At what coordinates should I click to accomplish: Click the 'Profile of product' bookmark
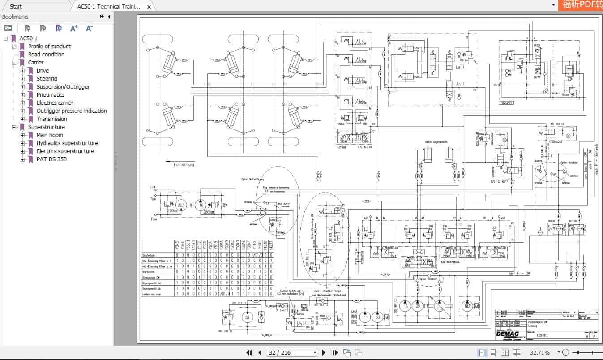(49, 47)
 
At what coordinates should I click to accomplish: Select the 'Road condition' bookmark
(46, 55)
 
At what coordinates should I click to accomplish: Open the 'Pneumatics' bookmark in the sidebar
(50, 95)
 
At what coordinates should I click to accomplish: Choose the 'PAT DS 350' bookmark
(51, 159)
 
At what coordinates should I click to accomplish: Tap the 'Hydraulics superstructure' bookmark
(67, 143)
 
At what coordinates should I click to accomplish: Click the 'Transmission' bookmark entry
(51, 119)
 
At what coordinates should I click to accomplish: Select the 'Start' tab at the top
(16, 6)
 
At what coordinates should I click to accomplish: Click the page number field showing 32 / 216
(292, 352)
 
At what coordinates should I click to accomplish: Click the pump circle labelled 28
(246, 317)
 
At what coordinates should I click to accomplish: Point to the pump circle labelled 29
(418, 306)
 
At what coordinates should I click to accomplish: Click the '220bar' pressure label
(172, 211)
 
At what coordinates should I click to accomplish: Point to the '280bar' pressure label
(209, 212)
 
